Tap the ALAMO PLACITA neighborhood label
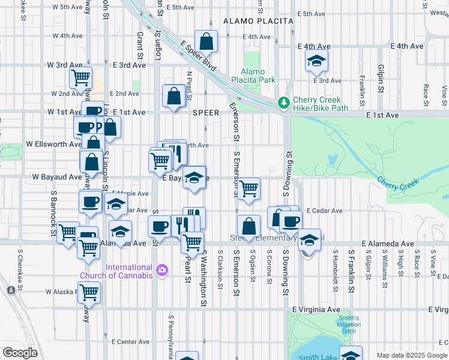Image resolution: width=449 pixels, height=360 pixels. point(258,21)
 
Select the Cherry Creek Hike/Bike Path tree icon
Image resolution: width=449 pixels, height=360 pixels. point(284,104)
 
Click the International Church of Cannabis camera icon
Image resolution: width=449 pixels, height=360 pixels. point(161,271)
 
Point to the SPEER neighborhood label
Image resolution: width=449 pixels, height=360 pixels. point(205,113)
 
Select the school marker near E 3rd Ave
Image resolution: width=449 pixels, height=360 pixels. point(316,61)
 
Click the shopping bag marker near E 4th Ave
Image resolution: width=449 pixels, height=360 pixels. point(206,42)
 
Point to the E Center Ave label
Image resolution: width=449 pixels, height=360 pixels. point(130,341)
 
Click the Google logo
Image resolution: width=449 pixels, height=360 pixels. point(19,353)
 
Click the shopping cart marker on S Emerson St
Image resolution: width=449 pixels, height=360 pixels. point(249,189)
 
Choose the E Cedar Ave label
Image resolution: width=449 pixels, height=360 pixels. point(324,211)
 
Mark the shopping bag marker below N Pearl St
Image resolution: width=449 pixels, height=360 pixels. point(173,96)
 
